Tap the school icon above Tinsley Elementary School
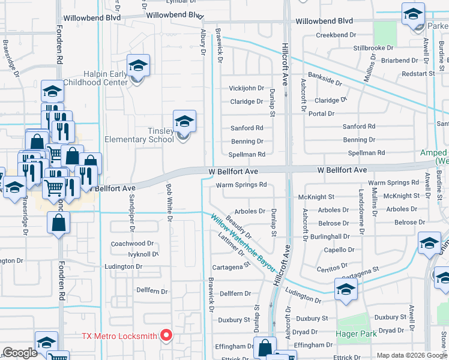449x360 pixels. click(185, 122)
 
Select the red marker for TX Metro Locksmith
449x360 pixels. click(166, 335)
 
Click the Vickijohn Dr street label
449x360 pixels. click(246, 88)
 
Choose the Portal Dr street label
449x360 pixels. click(321, 113)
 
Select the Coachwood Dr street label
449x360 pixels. click(133, 244)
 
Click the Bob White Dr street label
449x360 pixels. click(169, 202)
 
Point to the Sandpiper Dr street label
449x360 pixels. click(131, 213)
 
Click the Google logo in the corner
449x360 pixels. click(20, 353)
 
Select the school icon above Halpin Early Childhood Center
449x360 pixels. click(138, 65)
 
